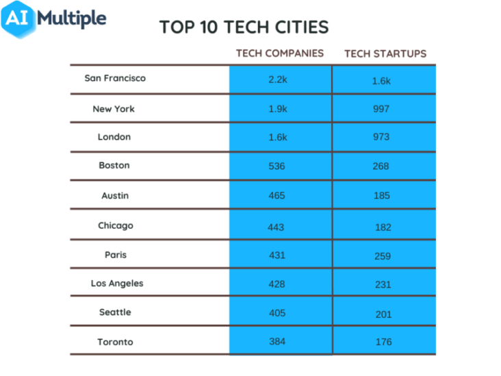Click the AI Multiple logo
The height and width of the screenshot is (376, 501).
pyautogui.click(x=55, y=18)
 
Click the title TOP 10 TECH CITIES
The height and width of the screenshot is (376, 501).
pyautogui.click(x=244, y=27)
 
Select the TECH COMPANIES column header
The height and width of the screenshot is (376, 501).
pyautogui.click(x=280, y=53)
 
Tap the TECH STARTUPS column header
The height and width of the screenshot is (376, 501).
pyautogui.click(x=385, y=53)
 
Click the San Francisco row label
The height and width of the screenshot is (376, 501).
pyautogui.click(x=115, y=78)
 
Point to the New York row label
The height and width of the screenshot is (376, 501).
pyautogui.click(x=114, y=109)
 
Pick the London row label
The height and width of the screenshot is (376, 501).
pyautogui.click(x=114, y=137)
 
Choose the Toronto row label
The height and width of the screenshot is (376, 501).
pyautogui.click(x=114, y=342)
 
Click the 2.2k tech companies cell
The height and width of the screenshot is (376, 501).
pyautogui.click(x=277, y=79)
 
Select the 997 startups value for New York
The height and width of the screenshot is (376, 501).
pyautogui.click(x=381, y=109)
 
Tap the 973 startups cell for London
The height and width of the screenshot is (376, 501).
pyautogui.click(x=381, y=137)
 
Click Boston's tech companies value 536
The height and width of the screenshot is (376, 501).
pyautogui.click(x=277, y=166)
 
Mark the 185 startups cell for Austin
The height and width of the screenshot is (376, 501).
pyautogui.click(x=381, y=196)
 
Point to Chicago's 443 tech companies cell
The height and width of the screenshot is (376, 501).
pyautogui.click(x=276, y=227)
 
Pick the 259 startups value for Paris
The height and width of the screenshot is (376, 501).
pyautogui.click(x=383, y=256)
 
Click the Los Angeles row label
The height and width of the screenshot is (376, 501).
pyautogui.click(x=117, y=284)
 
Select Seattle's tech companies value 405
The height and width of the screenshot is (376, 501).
pyautogui.click(x=277, y=313)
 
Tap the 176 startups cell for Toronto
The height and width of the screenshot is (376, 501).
pyautogui.click(x=383, y=342)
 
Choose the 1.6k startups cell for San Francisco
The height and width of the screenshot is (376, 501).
pyautogui.click(x=381, y=81)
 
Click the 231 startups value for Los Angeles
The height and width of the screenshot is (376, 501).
pyautogui.click(x=382, y=284)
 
